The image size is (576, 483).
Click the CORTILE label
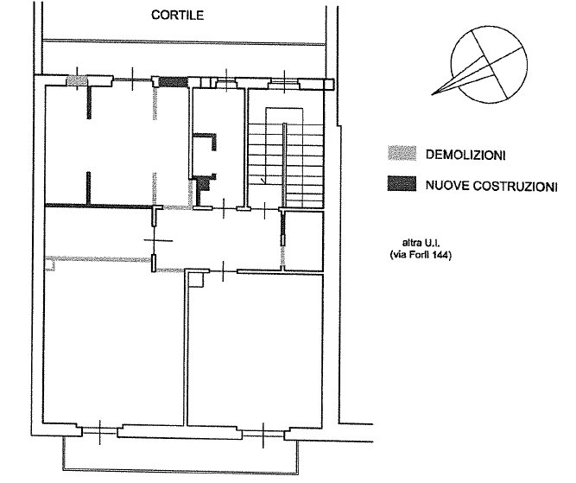point(177,15)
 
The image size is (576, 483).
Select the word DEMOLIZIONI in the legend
point(465,155)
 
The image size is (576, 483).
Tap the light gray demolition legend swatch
point(402,153)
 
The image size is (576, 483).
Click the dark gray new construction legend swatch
point(402,184)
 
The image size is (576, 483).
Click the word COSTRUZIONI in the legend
point(515,187)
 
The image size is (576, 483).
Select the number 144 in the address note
point(440,255)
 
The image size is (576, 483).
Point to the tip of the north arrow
point(432,95)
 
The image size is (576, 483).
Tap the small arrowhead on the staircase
point(263,181)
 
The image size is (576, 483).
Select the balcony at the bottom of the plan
point(180,454)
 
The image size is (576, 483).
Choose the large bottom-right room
point(255,349)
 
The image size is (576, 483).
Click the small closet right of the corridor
point(304,241)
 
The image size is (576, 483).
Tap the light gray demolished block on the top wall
point(77,81)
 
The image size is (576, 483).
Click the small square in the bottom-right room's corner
point(195,280)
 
